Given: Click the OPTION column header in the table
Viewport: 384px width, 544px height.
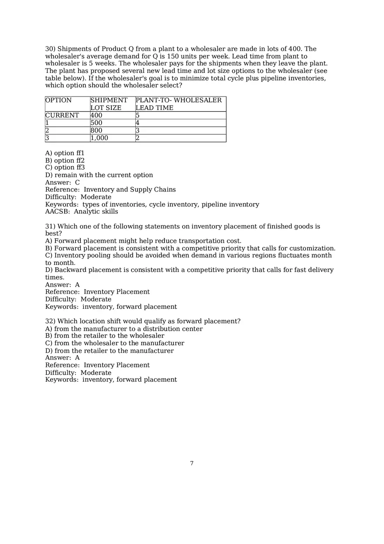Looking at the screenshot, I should click(58, 100).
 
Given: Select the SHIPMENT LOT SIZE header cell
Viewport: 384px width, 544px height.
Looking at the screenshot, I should click(109, 104).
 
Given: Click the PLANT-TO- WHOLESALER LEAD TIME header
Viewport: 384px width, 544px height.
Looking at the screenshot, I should click(178, 104).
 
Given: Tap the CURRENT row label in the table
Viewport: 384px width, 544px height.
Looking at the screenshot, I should click(62, 116).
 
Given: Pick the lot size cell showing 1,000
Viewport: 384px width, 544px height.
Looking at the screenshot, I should click(99, 138).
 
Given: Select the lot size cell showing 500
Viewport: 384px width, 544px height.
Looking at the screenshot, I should click(96, 123).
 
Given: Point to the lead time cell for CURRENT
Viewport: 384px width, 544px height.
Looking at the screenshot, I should click(137, 116).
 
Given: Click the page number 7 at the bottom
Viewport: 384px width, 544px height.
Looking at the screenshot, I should click(192, 463).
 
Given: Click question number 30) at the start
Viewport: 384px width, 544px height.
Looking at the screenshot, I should click(50, 49).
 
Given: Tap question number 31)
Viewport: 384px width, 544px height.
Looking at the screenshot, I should click(50, 226).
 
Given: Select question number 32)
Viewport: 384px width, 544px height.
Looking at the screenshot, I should click(50, 321).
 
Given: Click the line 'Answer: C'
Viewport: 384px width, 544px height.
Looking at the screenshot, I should click(62, 182).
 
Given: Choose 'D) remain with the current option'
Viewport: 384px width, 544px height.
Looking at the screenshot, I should click(99, 175).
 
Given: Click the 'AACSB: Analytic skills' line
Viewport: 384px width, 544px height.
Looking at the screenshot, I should click(82, 212).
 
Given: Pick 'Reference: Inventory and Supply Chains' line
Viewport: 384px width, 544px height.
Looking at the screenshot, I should click(110, 190).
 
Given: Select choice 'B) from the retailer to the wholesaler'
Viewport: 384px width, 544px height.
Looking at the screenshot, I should click(105, 336).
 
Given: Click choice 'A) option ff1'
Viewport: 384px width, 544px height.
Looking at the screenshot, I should click(65, 153).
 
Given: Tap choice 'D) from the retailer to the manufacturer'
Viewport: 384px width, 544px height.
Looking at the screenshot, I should click(109, 351).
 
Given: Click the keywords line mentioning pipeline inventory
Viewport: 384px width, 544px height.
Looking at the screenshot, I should click(152, 205).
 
